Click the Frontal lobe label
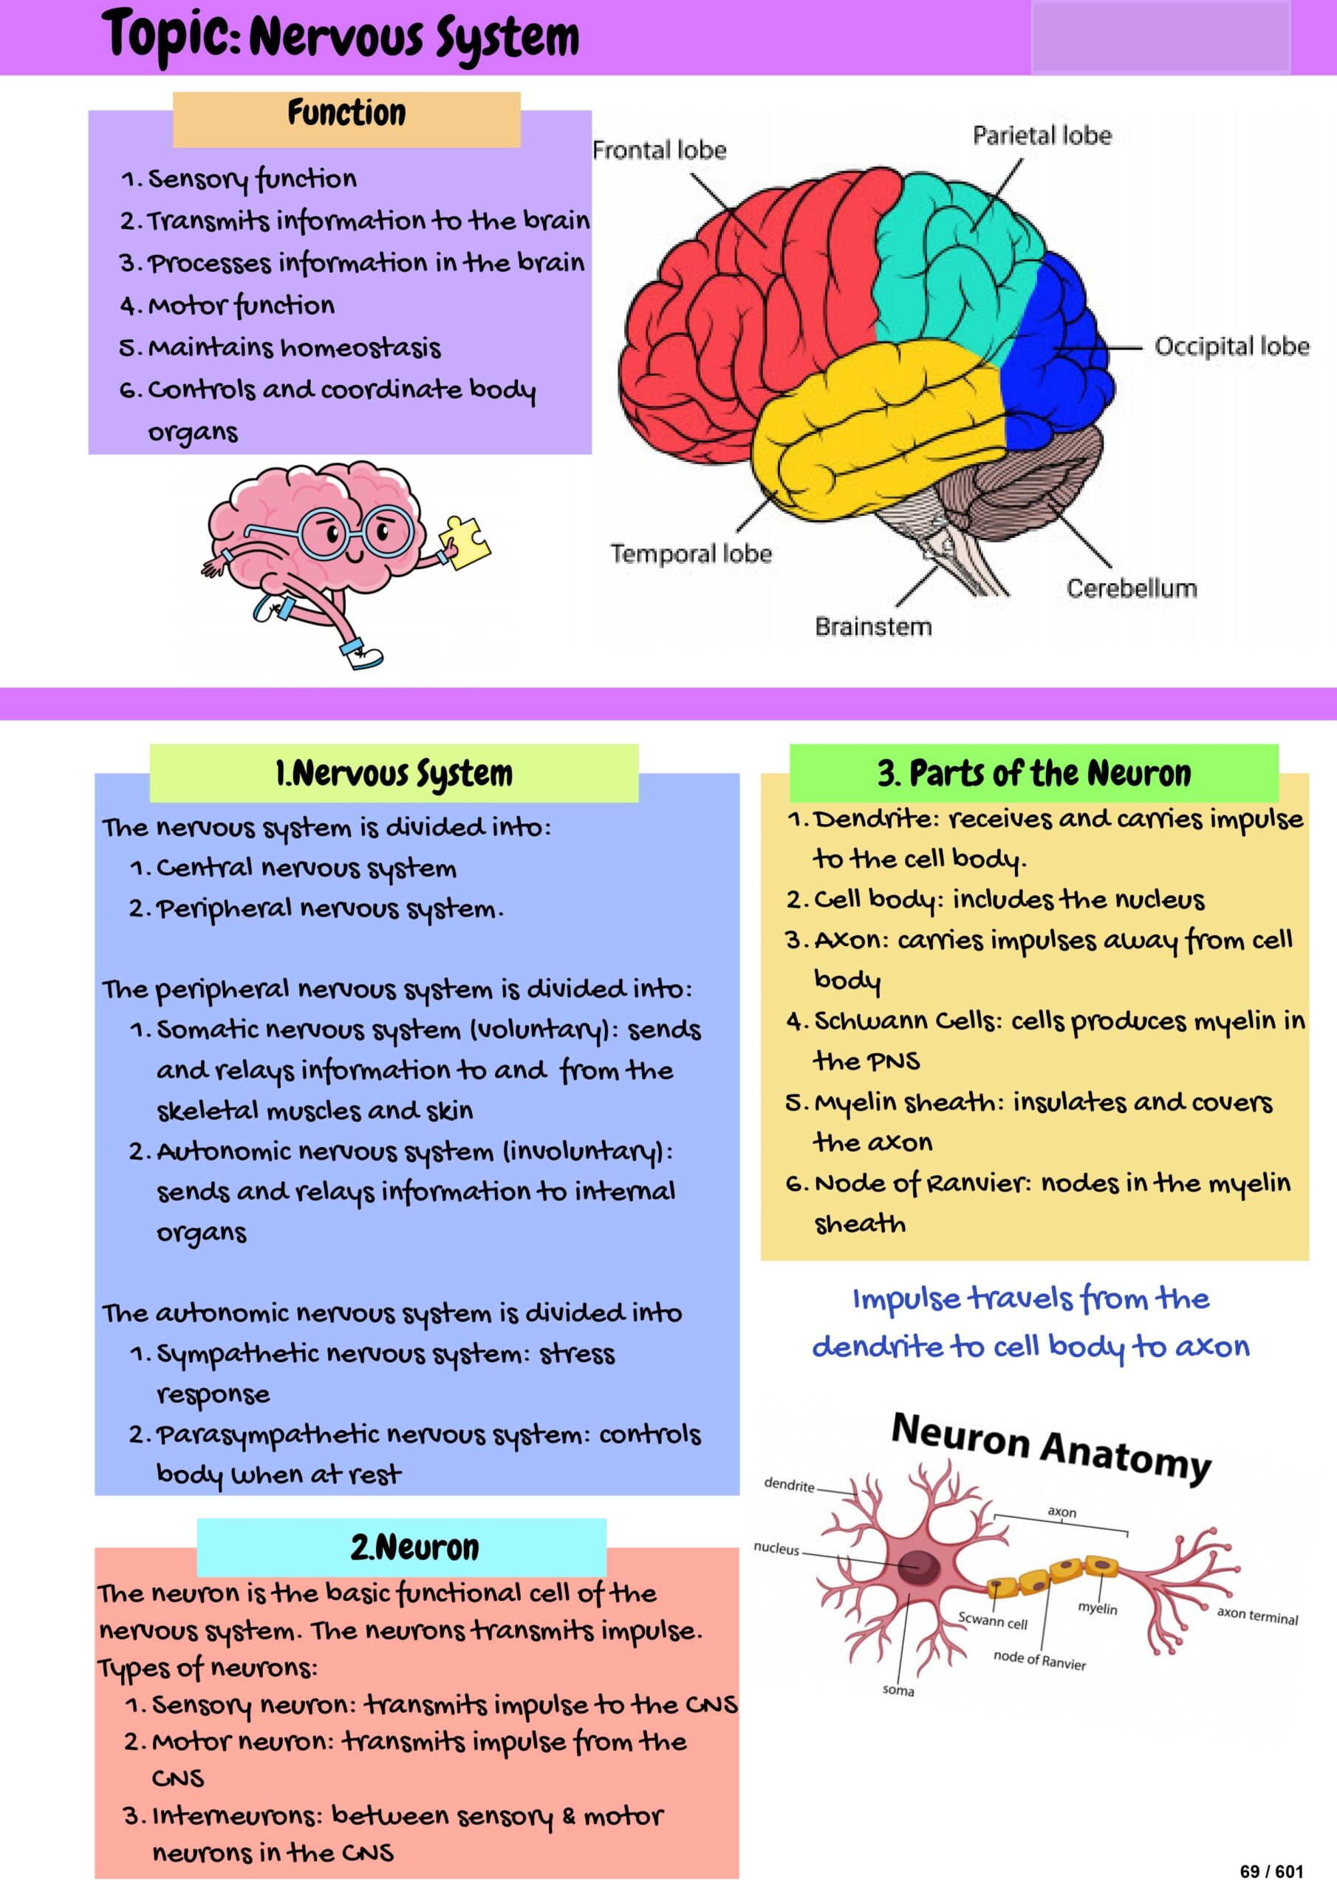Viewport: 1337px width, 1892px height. [x=659, y=150]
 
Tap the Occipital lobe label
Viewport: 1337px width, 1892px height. [x=1231, y=346]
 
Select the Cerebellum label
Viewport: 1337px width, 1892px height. [x=1131, y=588]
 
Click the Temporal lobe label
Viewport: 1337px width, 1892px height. [x=691, y=553]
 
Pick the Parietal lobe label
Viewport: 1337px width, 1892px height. [x=1042, y=135]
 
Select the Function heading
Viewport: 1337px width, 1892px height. [x=347, y=113]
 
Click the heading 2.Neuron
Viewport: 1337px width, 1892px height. [x=414, y=1548]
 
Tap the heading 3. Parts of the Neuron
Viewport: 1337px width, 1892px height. [x=1034, y=773]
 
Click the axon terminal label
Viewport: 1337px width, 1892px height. [x=1257, y=1615]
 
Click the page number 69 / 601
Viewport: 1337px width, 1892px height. [x=1271, y=1871]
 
